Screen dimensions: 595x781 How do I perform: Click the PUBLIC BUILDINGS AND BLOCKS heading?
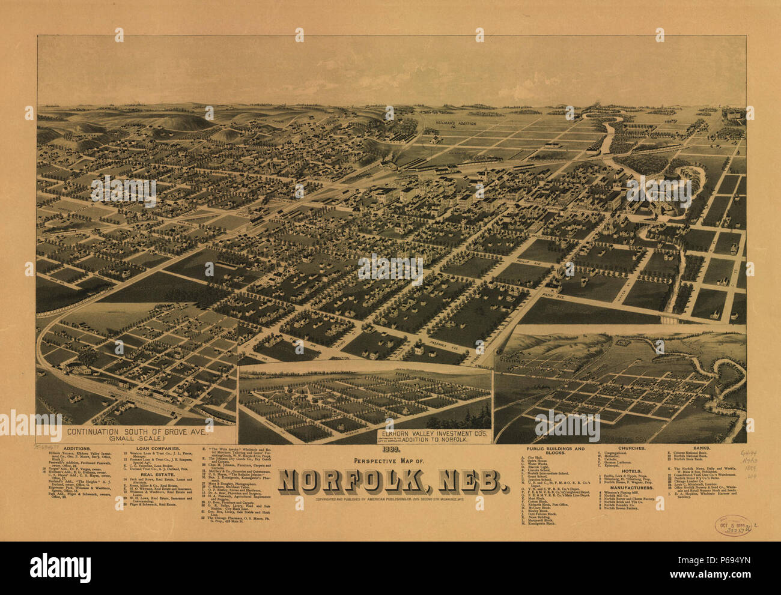click(555, 452)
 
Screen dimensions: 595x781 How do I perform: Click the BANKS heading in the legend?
click(708, 448)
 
